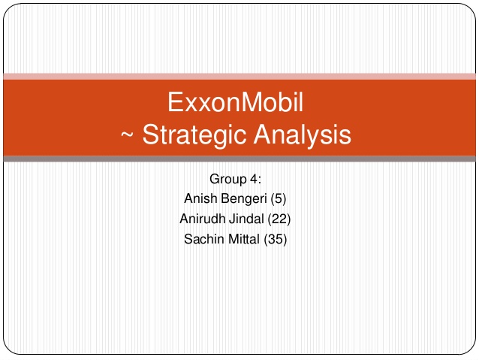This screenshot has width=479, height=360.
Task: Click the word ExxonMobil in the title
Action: coord(235,102)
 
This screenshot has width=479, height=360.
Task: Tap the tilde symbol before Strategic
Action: coord(128,135)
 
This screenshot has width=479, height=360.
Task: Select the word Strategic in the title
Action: coord(194,135)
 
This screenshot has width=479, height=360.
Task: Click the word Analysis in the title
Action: coord(303,135)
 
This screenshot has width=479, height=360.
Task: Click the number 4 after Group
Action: coord(254,179)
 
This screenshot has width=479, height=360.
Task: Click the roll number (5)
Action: coord(279,199)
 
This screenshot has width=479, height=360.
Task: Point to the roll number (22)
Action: coord(279,219)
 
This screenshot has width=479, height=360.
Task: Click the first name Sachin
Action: coord(203,239)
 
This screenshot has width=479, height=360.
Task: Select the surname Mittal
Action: coord(244,239)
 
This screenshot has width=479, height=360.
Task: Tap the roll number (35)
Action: coord(276,239)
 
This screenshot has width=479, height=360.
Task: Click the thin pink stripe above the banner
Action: coord(239,77)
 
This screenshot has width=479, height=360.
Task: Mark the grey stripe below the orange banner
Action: coord(239,159)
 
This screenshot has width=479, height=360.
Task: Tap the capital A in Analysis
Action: coord(264,134)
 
